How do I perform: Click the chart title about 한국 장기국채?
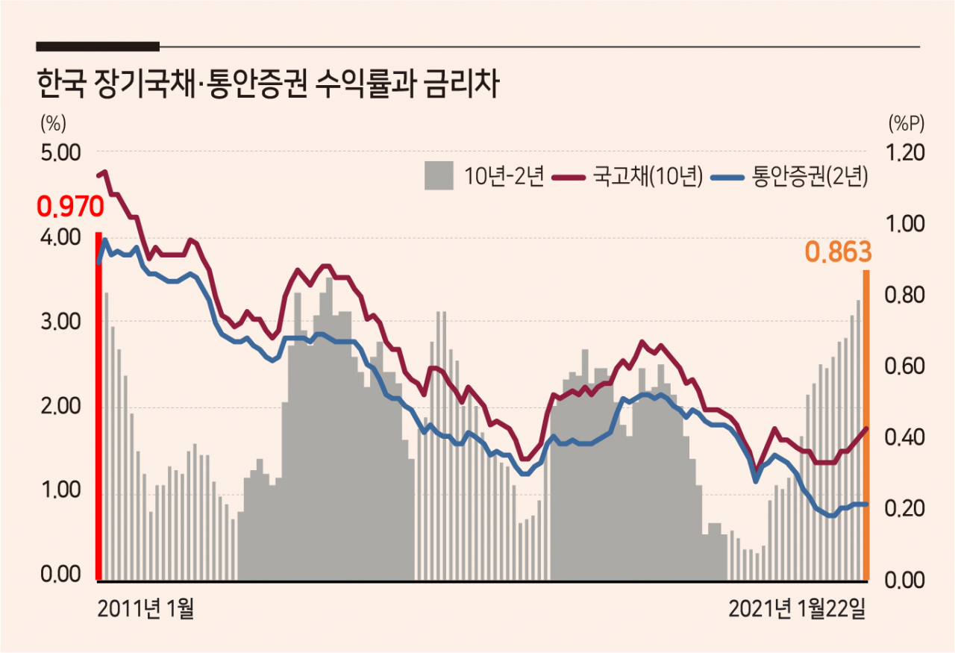coord(268,84)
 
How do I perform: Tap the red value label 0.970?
coord(70,207)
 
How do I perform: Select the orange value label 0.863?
coord(838,252)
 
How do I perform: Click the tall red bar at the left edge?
coord(98,406)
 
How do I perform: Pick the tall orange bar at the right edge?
coord(866,425)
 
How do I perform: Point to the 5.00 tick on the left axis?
coord(60,153)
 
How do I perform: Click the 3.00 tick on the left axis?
coord(60,322)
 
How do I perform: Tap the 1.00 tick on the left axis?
coord(60,490)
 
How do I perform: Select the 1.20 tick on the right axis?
coord(906,153)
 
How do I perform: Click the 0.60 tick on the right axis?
coord(905,366)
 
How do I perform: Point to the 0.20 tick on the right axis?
coord(905,508)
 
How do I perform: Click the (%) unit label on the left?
coord(53,123)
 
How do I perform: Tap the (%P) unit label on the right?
coord(907,123)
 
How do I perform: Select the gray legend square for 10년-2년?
coord(439,175)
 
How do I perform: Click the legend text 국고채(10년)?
coord(648,175)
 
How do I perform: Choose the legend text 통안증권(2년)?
coord(810,175)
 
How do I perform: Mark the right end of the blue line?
coord(866,504)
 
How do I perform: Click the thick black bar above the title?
coord(98,46)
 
